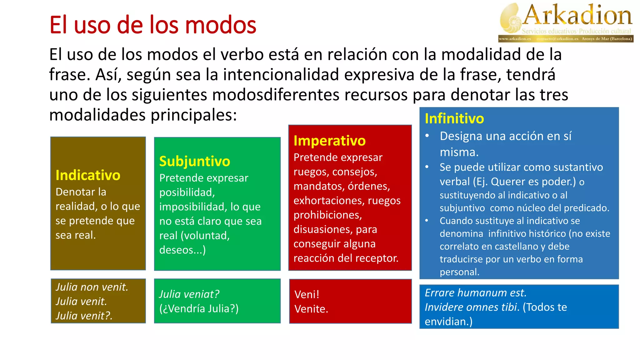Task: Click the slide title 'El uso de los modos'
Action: pyautogui.click(x=152, y=25)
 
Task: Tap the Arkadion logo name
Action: pyautogui.click(x=577, y=16)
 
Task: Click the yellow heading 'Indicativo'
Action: pyautogui.click(x=88, y=175)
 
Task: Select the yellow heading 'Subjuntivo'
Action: pyautogui.click(x=194, y=162)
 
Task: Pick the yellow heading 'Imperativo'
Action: pyautogui.click(x=329, y=141)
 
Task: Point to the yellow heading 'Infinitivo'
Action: pyautogui.click(x=454, y=119)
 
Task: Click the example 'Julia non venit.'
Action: pyautogui.click(x=92, y=287)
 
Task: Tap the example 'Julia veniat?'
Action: pyautogui.click(x=189, y=294)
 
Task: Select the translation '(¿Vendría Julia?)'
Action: pyautogui.click(x=199, y=308)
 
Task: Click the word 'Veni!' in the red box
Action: pyautogui.click(x=307, y=294)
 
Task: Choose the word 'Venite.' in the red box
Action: pyautogui.click(x=311, y=309)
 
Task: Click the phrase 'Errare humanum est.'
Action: pyautogui.click(x=475, y=293)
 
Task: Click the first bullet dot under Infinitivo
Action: pyautogui.click(x=427, y=136)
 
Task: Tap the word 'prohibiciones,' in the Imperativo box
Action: pyautogui.click(x=327, y=215)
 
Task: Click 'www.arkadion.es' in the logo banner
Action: pyautogui.click(x=515, y=39)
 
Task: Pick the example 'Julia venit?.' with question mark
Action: pyautogui.click(x=84, y=316)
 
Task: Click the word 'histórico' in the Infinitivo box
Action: pyautogui.click(x=546, y=234)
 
